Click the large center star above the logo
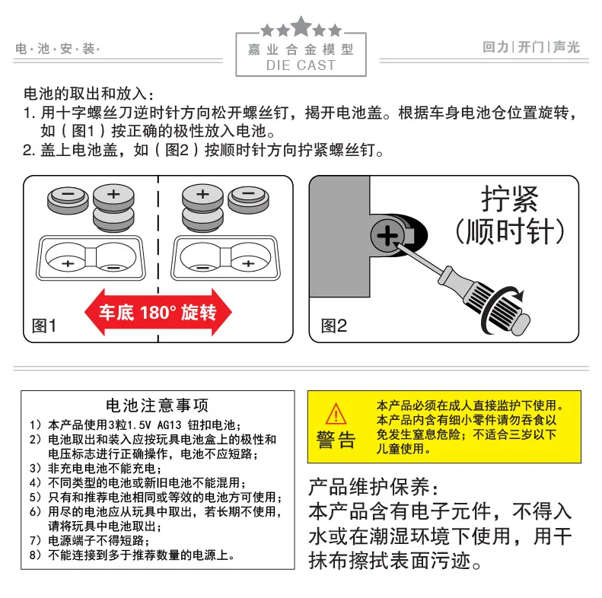[x=301, y=27]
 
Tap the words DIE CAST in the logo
[x=301, y=65]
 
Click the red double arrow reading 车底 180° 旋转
[x=158, y=313]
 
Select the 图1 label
[x=44, y=326]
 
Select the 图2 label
[x=333, y=326]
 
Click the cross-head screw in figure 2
[x=388, y=235]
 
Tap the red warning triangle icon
[x=336, y=414]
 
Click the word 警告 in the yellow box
[x=336, y=440]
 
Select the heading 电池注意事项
[x=158, y=406]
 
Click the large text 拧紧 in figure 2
[x=509, y=199]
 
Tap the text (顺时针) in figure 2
[x=509, y=231]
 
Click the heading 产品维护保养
[x=373, y=487]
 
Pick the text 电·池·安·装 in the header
[x=58, y=49]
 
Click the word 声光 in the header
[x=567, y=47]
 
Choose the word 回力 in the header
[x=495, y=47]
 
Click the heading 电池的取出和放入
[x=89, y=94]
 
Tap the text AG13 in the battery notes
[x=169, y=425]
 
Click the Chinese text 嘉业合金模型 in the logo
[x=301, y=49]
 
